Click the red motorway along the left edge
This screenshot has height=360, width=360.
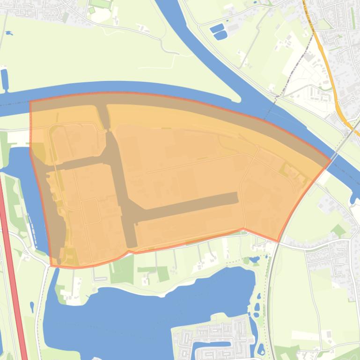click(13, 271)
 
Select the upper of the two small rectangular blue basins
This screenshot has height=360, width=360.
click(217, 28)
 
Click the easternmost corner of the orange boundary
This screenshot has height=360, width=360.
click(331, 160)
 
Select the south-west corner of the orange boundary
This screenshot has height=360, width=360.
click(51, 266)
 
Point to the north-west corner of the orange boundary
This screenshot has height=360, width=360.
click(30, 101)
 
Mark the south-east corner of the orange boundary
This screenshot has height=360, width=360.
click(279, 241)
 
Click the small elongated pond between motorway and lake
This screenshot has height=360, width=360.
click(32, 307)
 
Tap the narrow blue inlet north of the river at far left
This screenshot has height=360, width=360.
click(5, 79)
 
